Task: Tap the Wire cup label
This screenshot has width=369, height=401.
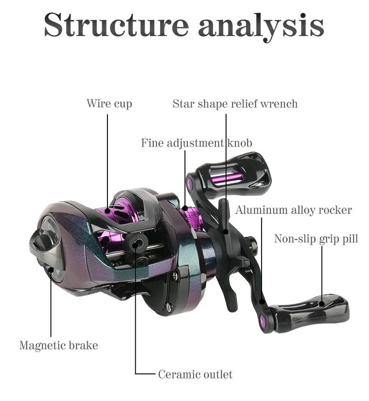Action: (x=109, y=103)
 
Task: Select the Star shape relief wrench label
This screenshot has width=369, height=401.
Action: (x=235, y=103)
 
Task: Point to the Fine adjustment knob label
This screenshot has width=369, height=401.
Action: (x=196, y=143)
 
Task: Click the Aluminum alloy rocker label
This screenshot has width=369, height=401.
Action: (x=293, y=210)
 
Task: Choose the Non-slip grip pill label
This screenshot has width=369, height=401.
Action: (x=316, y=238)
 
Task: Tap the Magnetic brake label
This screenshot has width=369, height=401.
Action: (x=59, y=345)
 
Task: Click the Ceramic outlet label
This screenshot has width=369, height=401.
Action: (x=195, y=374)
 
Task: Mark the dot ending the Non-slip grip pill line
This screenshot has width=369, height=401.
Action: (x=321, y=303)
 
